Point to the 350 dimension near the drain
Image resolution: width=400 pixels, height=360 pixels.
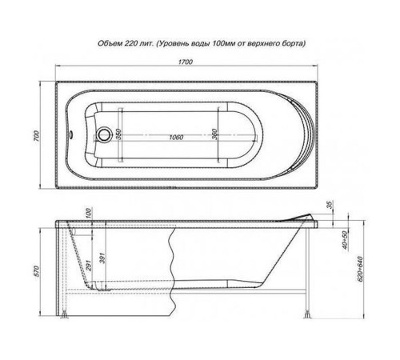pyautogui.click(x=118, y=134)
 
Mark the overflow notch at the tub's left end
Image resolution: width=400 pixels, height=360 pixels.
pyautogui.click(x=74, y=134)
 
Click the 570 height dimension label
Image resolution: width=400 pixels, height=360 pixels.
pyautogui.click(x=34, y=273)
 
